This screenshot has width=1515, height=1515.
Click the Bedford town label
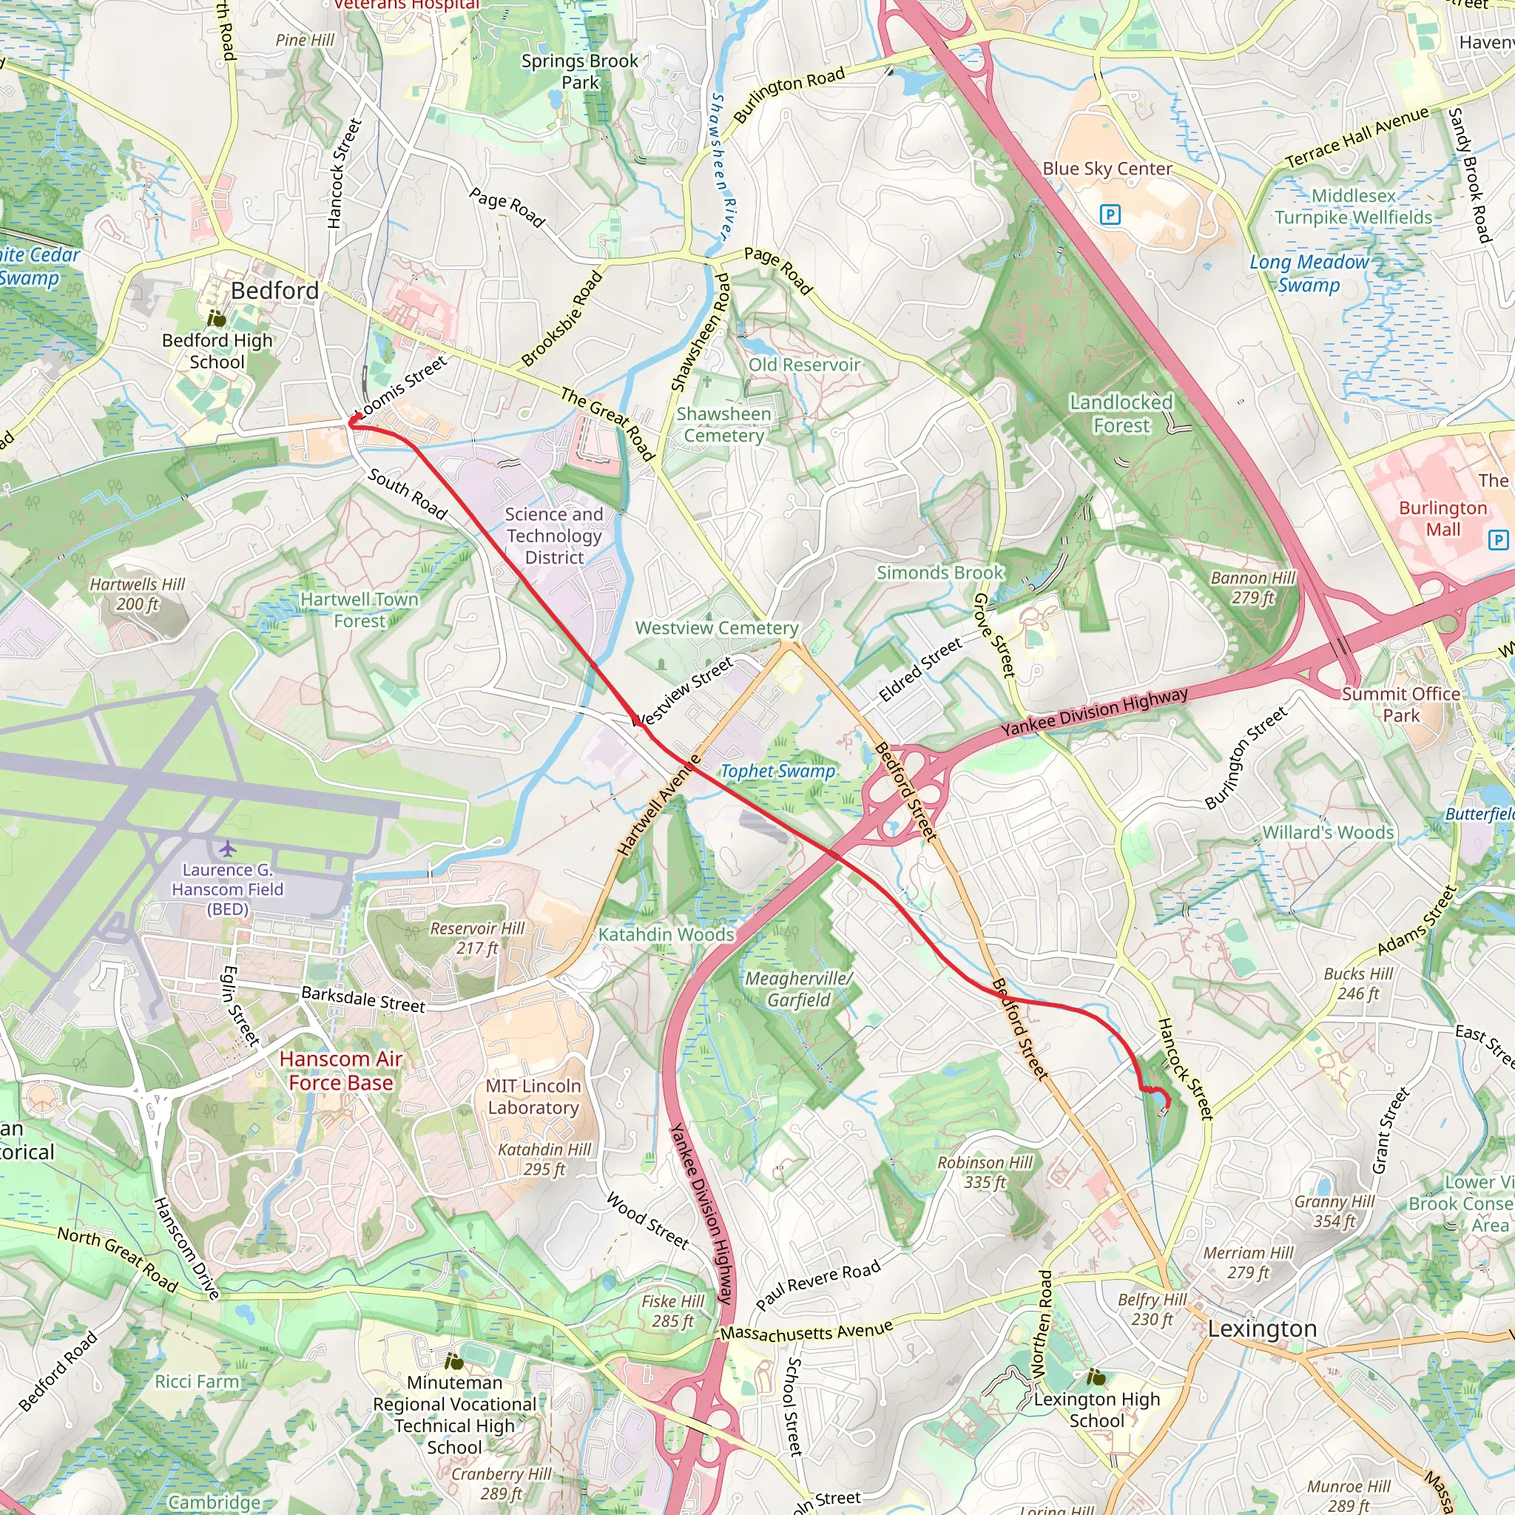274,291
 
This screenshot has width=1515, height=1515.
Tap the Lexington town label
1262,1329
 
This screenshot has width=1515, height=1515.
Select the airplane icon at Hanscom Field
227,848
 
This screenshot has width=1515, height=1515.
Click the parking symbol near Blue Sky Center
1110,213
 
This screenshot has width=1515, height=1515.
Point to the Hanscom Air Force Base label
340,1070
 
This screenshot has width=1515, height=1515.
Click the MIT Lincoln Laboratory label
533,1096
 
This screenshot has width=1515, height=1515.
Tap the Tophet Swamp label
777,771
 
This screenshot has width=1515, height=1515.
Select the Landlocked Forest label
1121,414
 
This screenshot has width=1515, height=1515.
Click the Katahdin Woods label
666,934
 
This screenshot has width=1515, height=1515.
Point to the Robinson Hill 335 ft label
985,1172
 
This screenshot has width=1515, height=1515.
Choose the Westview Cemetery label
717,628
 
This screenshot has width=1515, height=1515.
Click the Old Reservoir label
804,365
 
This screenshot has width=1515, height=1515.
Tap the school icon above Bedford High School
217,319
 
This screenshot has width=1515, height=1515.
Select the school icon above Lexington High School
1096,1376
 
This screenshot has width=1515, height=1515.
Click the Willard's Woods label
1328,832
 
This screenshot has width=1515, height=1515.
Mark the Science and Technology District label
554,536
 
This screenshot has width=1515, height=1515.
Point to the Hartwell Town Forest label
360,610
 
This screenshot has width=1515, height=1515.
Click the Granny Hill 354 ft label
1334,1211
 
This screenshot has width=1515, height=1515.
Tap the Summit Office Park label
1400,704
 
